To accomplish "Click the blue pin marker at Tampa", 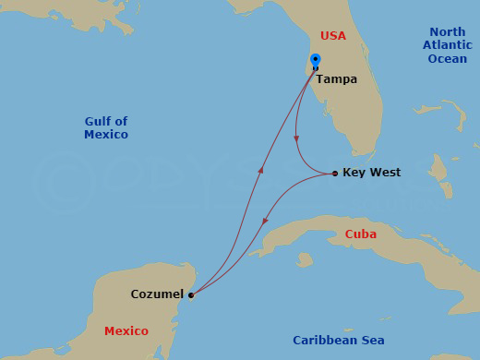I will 316,62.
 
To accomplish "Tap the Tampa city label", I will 336,79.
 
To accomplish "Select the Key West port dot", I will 334,173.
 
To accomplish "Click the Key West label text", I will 371,173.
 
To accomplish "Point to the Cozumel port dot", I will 190,295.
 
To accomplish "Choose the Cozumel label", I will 157,295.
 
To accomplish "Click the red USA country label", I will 333,36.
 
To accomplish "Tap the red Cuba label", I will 360,234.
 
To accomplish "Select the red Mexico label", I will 126,330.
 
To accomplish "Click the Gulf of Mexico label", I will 106,127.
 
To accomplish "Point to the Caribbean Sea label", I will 339,341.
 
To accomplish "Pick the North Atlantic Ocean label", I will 448,45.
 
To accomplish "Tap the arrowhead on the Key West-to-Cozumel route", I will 265,222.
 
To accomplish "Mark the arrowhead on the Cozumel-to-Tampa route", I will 262,169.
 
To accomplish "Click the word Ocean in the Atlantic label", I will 448,59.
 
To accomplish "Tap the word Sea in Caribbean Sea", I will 371,341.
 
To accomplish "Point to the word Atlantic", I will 448,45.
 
